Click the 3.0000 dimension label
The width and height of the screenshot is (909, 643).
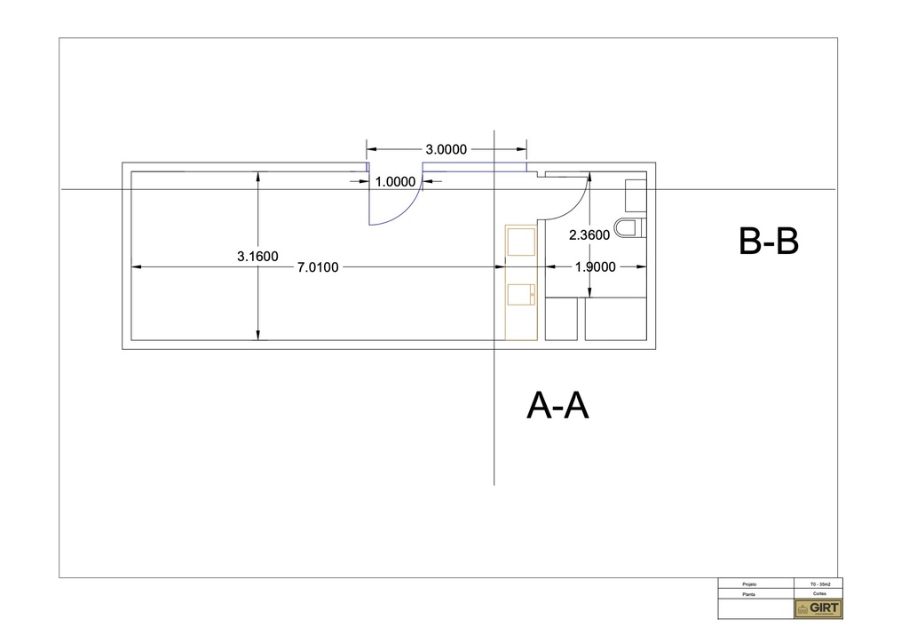(x=447, y=149)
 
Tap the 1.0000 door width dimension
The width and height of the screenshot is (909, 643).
(x=395, y=182)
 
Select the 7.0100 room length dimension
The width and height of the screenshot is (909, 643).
(x=318, y=266)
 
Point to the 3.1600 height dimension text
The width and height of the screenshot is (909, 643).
(x=257, y=256)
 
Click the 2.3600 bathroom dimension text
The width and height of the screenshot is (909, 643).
(x=589, y=235)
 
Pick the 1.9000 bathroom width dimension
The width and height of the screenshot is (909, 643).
(x=595, y=266)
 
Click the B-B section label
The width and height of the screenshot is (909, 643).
(x=769, y=242)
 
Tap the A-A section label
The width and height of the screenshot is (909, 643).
(x=558, y=406)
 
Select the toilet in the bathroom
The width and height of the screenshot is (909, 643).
(x=629, y=228)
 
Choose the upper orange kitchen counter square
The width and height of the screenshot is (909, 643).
(x=520, y=241)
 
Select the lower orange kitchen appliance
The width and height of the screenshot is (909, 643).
(x=520, y=293)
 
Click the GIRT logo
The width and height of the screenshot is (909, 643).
(x=818, y=608)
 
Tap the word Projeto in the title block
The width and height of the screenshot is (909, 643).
(x=748, y=583)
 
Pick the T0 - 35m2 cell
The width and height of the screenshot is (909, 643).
(x=818, y=583)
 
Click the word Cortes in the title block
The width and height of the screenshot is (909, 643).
(x=818, y=592)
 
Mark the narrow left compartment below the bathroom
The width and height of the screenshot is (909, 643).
(x=560, y=319)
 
